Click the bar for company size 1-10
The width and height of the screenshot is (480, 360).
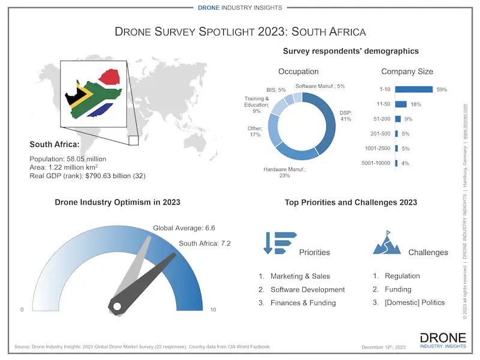(414, 89)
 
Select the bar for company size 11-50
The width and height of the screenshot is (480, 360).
(401, 104)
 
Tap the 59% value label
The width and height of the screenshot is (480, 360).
(442, 89)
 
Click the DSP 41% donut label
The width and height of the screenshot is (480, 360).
(346, 115)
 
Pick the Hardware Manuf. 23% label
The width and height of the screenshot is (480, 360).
(284, 173)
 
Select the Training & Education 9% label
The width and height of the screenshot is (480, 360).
(256, 104)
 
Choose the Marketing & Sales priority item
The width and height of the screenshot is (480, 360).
(300, 277)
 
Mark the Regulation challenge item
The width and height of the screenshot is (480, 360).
(402, 276)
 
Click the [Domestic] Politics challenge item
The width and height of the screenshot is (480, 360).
(415, 302)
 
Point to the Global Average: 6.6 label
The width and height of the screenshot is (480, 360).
(184, 228)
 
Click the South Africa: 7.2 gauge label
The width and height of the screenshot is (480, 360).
(205, 243)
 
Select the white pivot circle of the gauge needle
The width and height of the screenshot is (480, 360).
(116, 307)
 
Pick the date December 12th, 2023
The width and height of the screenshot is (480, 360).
(383, 347)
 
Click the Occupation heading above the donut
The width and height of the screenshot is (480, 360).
(298, 72)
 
